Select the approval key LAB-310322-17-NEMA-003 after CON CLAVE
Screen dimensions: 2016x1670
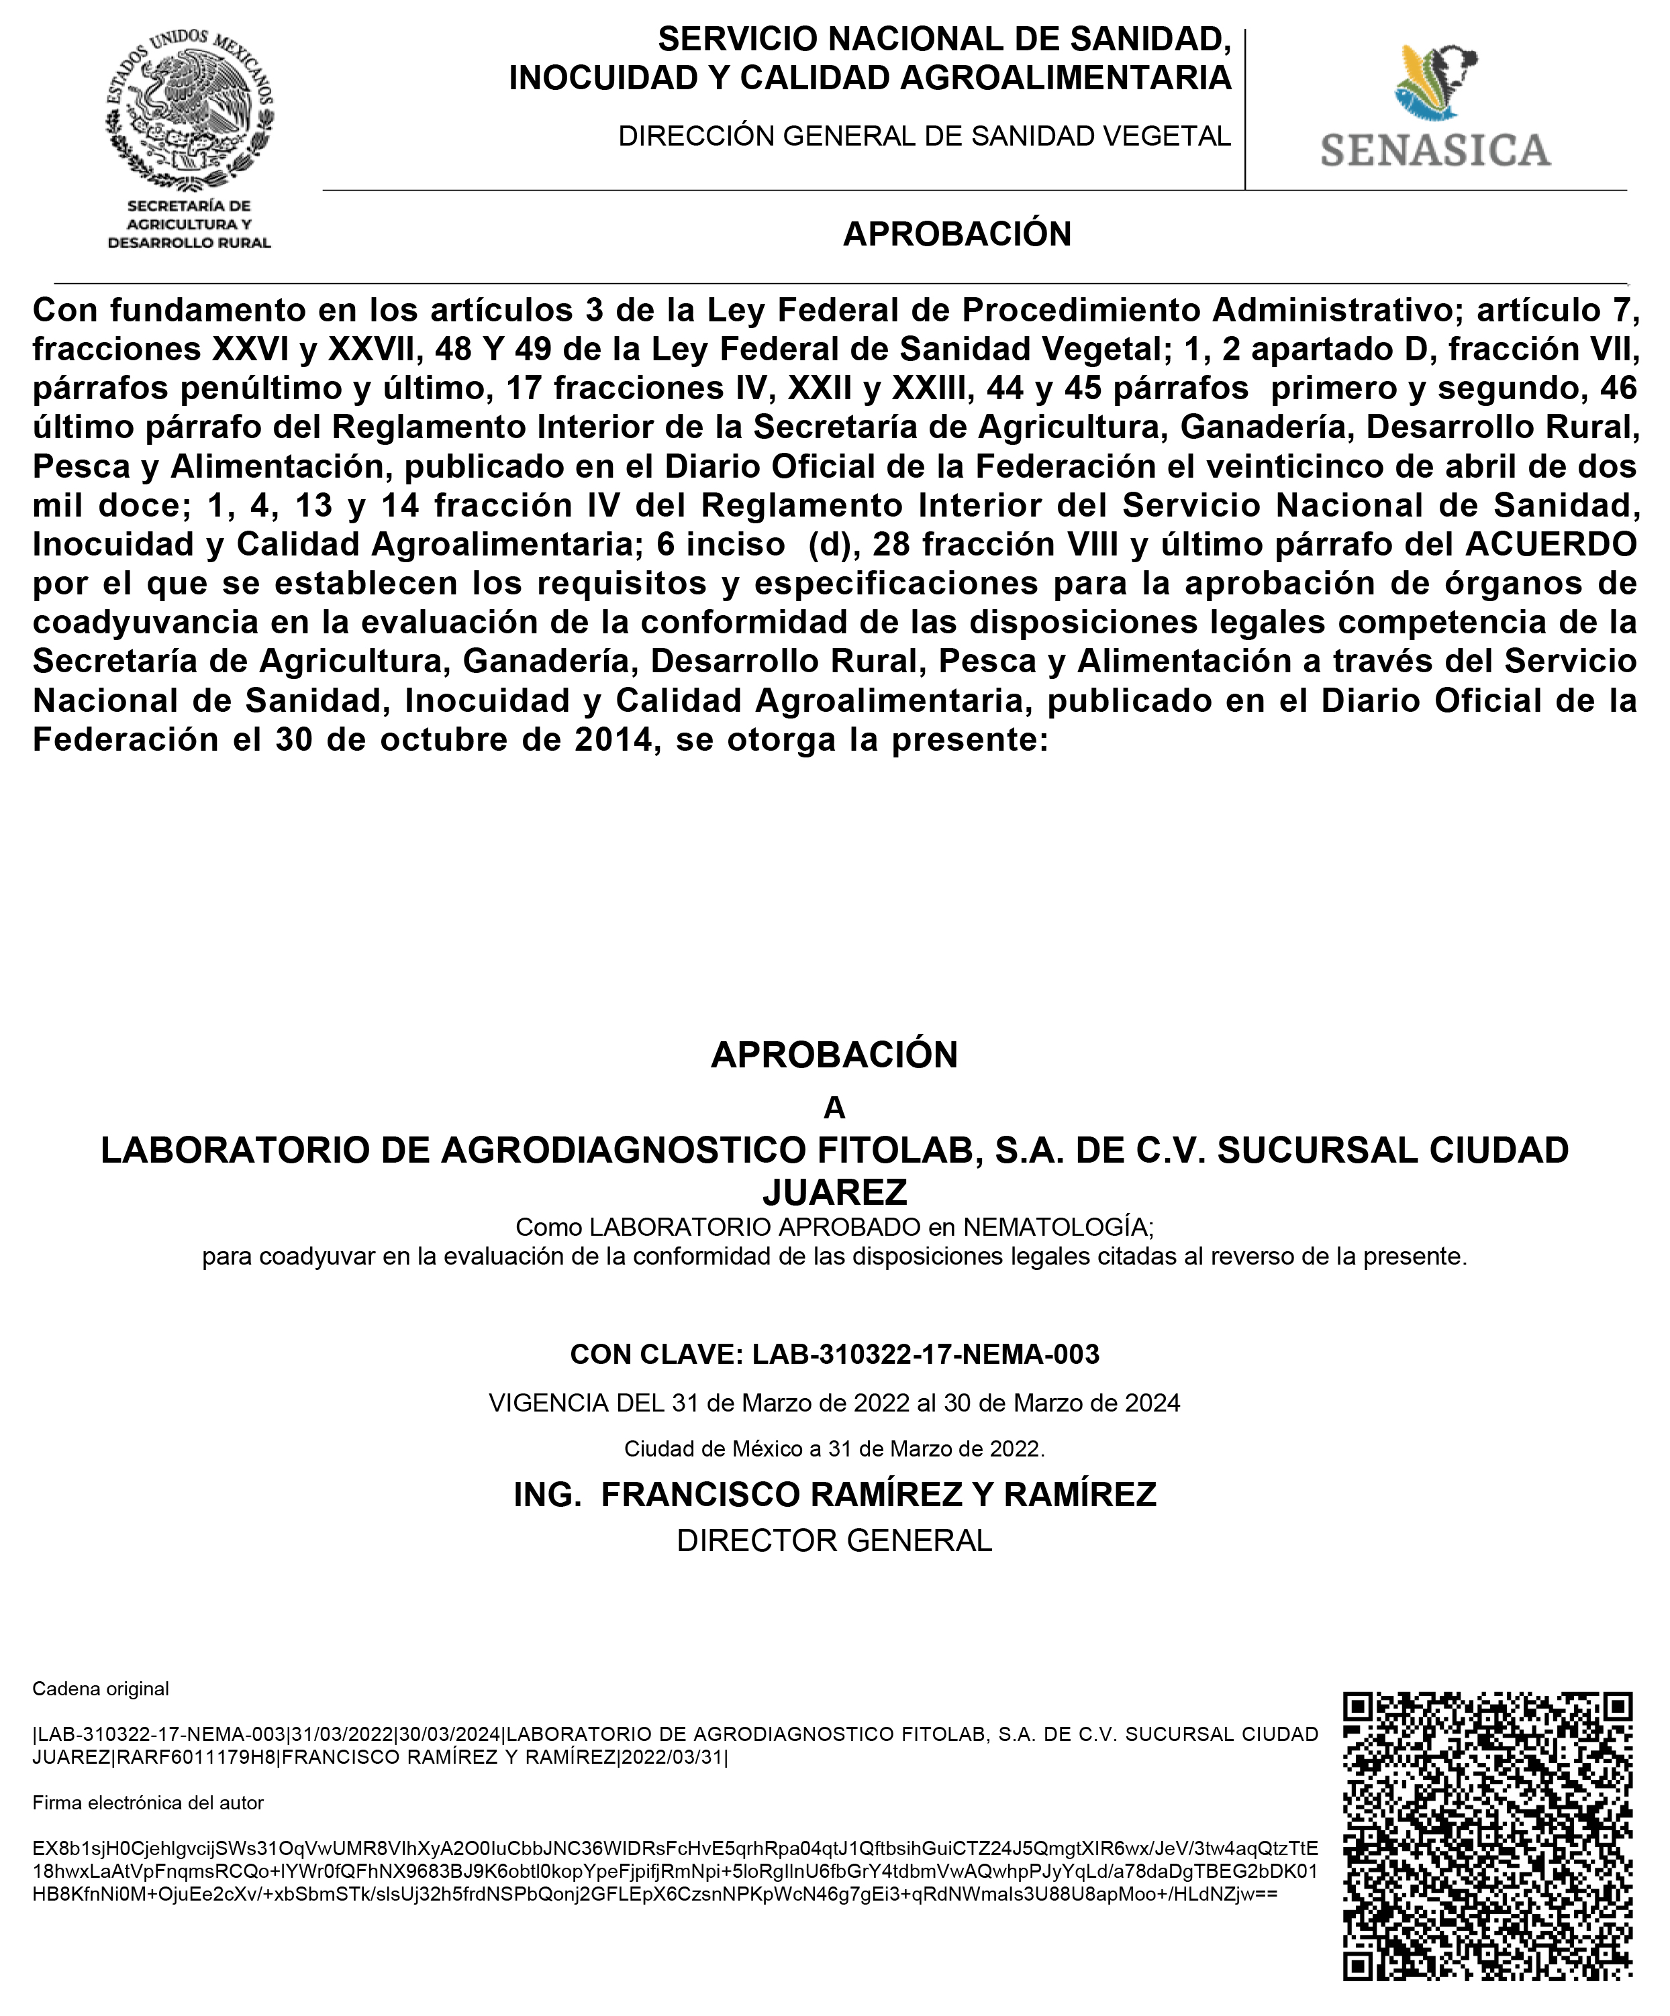click(x=925, y=1355)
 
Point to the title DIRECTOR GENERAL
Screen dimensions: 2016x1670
click(x=834, y=1541)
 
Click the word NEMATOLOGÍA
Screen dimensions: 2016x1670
click(x=1055, y=1227)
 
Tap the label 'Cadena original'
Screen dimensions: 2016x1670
click(x=101, y=1689)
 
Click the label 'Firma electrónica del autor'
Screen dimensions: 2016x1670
click(x=148, y=1803)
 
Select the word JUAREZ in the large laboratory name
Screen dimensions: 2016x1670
click(x=834, y=1192)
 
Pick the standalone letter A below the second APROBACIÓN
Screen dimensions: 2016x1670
click(x=834, y=1108)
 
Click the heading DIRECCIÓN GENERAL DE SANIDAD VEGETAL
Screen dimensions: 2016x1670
click(x=924, y=136)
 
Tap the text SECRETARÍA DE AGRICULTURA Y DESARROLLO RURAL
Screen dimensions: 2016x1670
click(x=189, y=225)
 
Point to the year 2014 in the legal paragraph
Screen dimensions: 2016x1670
click(x=615, y=740)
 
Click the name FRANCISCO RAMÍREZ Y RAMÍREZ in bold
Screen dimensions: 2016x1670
click(x=878, y=1495)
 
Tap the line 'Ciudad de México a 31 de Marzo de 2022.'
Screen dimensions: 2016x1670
click(x=834, y=1448)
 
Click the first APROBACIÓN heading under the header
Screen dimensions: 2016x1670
click(x=956, y=234)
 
